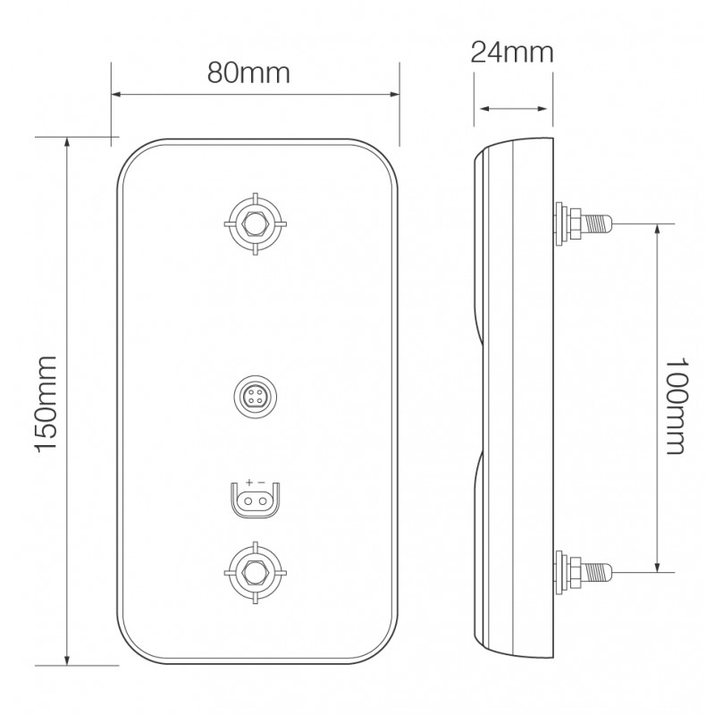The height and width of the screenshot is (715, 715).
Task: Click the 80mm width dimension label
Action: coord(248,72)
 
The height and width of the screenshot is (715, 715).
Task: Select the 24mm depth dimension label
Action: coord(512,53)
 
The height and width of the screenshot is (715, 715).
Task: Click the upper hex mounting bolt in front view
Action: coord(256,223)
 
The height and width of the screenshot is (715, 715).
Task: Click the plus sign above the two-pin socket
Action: coord(249,483)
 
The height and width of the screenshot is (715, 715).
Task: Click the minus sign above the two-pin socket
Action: coord(262,483)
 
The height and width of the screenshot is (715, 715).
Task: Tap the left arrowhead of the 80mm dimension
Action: coord(116,93)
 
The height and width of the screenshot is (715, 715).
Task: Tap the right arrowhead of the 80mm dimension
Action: coord(392,93)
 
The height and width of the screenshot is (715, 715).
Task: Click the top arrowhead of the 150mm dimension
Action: coord(68,142)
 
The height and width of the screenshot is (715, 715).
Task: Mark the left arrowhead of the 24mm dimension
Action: coord(484,109)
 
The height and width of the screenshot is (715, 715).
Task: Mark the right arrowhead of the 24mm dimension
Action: coord(548,109)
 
